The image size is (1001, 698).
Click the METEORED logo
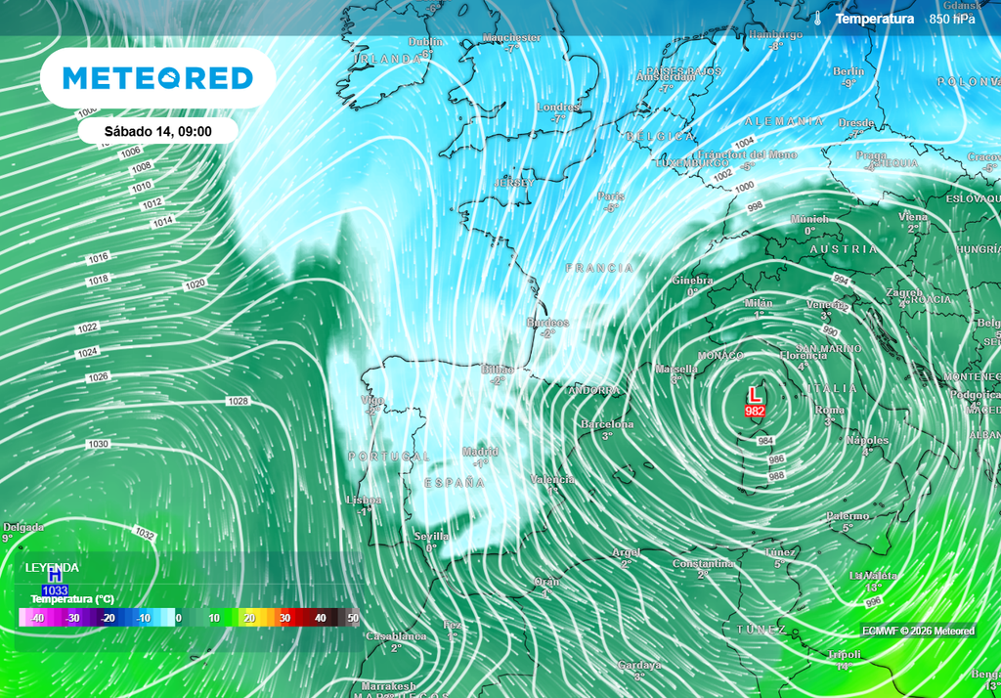[x=157, y=78]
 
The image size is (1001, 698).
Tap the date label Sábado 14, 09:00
[x=157, y=131]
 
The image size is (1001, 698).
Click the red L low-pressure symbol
[x=755, y=395]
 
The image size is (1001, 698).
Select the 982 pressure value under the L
[x=755, y=412]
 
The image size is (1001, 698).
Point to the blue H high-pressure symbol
[x=55, y=577]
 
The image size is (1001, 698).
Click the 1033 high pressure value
[x=55, y=590]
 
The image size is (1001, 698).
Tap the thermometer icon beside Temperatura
[x=817, y=19]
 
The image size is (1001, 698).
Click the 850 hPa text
[x=951, y=19]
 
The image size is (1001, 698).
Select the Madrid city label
[x=480, y=452]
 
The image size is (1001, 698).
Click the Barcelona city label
[x=607, y=424]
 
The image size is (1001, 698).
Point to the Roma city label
[x=829, y=411]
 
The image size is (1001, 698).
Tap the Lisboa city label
[x=364, y=500]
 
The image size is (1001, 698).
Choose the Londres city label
[x=558, y=107]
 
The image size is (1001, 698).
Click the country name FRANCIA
[x=599, y=267]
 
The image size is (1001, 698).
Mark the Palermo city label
[x=847, y=516]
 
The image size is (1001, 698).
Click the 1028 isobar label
[x=238, y=402]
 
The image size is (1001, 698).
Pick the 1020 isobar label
[x=195, y=284]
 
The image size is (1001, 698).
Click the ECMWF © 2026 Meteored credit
[x=918, y=631]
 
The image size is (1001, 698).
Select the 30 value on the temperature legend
[x=285, y=618]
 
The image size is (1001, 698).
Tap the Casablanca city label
[x=396, y=636]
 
